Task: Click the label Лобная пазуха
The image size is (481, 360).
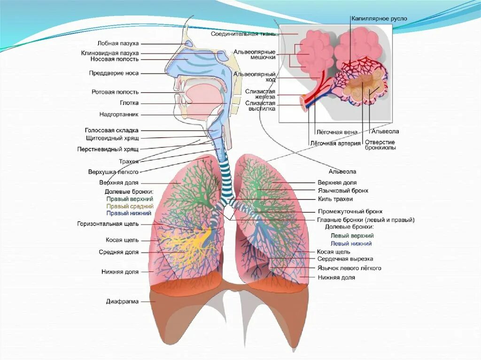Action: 118,43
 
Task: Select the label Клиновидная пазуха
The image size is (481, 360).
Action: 109,53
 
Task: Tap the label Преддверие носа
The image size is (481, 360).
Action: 114,73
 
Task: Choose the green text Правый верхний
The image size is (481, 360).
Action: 129,199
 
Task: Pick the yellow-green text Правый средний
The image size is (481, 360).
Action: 130,206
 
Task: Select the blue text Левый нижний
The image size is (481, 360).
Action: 351,244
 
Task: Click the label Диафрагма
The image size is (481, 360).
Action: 122,301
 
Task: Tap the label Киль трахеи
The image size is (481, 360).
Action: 335,199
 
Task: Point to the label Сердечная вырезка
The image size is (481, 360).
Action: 345,259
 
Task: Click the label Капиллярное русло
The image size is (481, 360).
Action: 379,18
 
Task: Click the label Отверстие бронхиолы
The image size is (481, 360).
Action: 380,145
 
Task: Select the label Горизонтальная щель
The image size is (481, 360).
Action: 108,224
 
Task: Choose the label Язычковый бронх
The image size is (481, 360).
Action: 342,191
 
